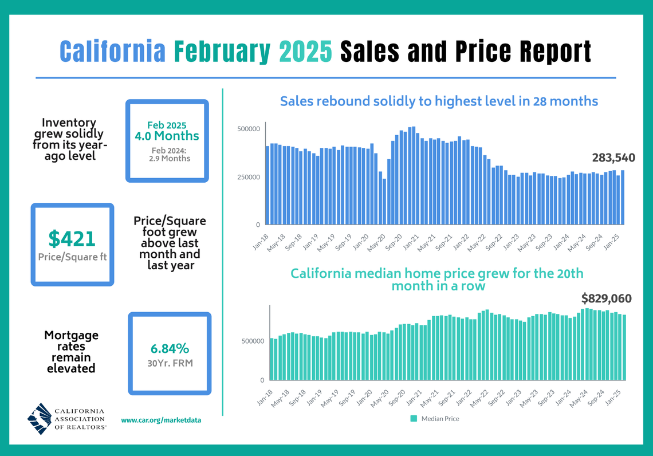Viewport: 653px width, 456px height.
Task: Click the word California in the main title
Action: [x=112, y=52]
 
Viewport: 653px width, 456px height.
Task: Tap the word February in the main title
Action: [x=222, y=52]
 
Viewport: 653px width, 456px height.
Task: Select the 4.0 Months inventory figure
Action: [x=167, y=136]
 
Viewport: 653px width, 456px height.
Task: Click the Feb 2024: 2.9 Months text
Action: [x=167, y=154]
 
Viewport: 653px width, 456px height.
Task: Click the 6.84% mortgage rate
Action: [x=170, y=348]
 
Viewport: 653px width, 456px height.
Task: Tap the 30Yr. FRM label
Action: [x=170, y=362]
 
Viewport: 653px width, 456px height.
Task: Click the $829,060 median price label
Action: [x=606, y=298]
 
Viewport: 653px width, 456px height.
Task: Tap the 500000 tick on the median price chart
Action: [x=252, y=341]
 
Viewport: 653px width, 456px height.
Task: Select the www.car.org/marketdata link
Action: [x=161, y=420]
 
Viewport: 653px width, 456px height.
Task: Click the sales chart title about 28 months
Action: [x=439, y=101]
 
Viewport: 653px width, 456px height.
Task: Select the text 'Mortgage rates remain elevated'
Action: [x=71, y=352]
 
